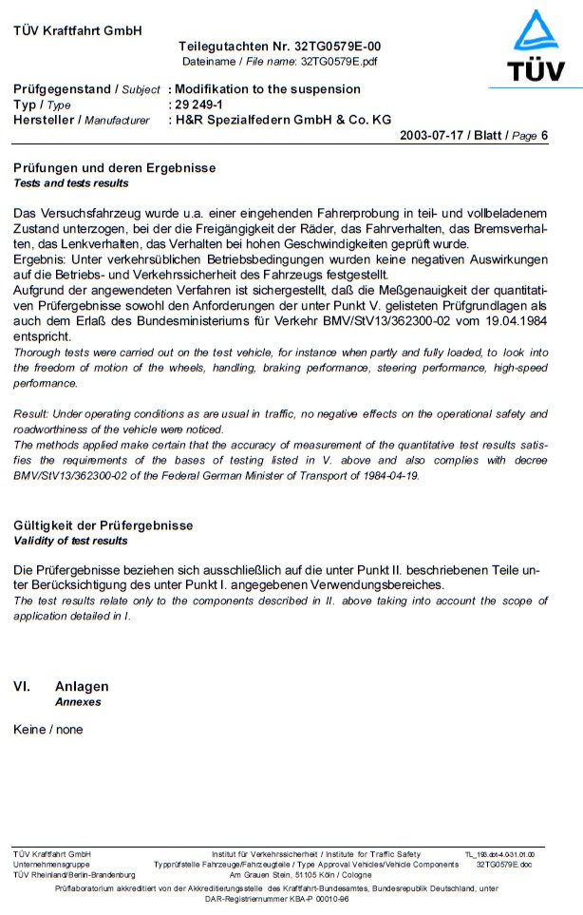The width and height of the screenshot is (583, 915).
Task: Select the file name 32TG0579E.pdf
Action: (x=338, y=61)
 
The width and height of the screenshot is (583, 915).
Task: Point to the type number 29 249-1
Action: (x=197, y=105)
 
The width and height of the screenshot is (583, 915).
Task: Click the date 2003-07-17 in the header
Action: (x=434, y=136)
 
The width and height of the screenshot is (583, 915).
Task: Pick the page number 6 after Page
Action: (x=545, y=136)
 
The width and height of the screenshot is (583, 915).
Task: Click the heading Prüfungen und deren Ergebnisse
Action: (x=114, y=168)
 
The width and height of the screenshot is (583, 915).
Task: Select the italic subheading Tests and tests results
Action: (x=71, y=182)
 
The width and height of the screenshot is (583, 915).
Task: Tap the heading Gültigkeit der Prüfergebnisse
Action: (x=103, y=525)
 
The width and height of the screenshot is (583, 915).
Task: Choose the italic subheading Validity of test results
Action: (x=70, y=541)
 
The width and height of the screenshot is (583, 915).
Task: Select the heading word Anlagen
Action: (x=82, y=686)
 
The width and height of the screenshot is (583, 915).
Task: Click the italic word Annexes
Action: (x=78, y=702)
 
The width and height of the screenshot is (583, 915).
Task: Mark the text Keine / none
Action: (x=48, y=730)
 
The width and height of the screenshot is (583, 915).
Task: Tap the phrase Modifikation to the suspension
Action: (x=265, y=89)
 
